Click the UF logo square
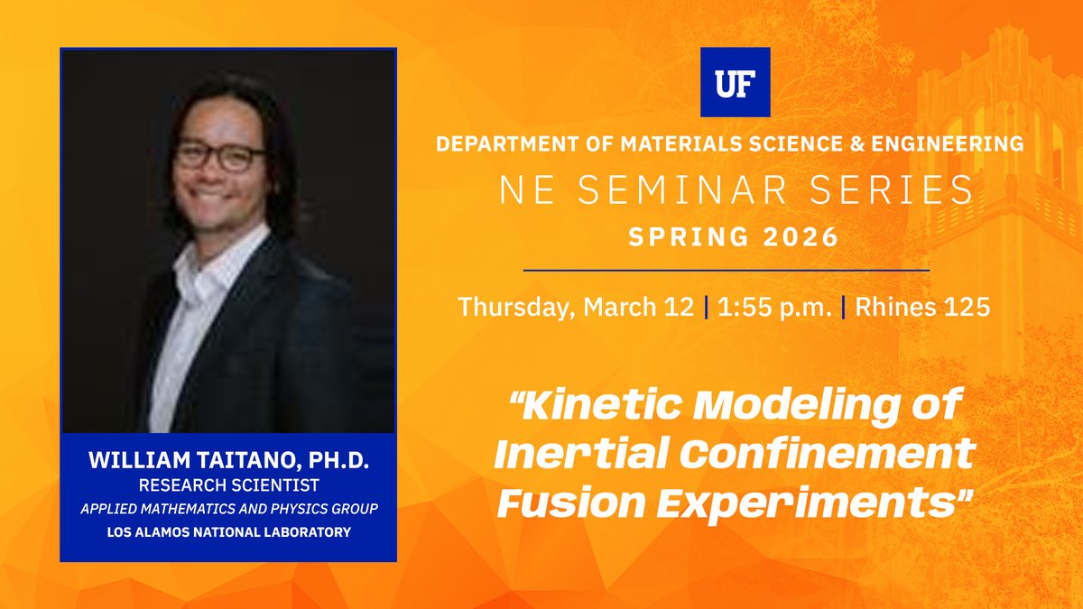[735, 82]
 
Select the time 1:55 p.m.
[773, 306]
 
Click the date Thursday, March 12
[577, 306]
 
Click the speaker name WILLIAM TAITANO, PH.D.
[228, 461]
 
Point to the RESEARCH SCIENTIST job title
[228, 485]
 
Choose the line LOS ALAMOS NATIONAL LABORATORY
[228, 532]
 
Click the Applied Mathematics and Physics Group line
[228, 509]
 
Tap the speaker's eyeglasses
[219, 156]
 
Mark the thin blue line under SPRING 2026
[726, 270]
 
